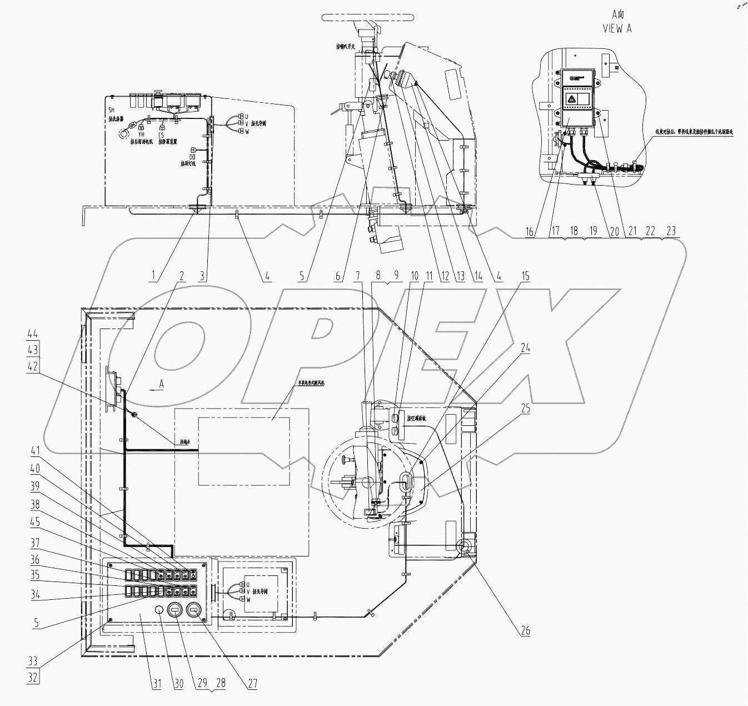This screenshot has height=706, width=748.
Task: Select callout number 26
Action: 525,630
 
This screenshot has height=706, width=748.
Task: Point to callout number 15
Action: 525,276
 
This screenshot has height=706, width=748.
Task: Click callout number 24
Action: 525,349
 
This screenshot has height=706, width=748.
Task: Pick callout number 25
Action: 525,409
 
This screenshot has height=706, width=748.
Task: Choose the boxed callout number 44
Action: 33,334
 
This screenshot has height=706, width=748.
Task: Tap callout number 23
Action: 671,231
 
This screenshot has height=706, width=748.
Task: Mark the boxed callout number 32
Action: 33,678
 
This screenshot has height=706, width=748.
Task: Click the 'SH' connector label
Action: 111,111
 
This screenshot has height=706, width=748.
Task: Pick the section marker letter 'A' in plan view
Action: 161,384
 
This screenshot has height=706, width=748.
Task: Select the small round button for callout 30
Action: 158,610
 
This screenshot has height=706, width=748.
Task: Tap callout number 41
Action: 36,449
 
